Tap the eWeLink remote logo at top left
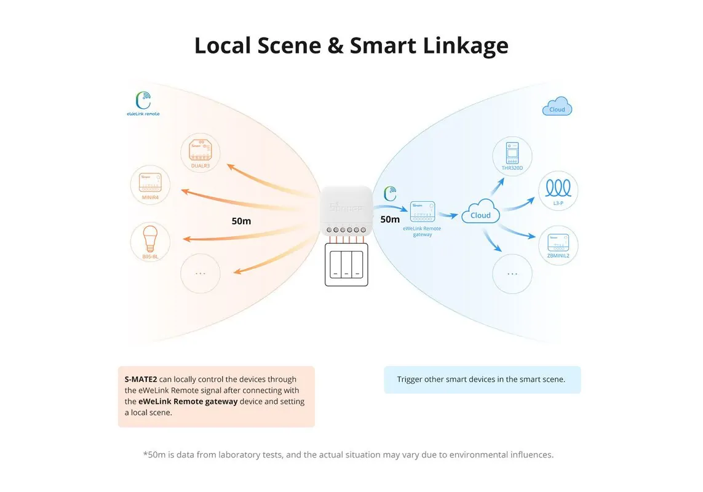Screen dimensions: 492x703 click(143, 103)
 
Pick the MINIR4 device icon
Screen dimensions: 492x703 click(150, 184)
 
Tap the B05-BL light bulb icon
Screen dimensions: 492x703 click(150, 240)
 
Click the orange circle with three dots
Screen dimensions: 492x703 click(201, 273)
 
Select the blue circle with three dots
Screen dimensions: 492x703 click(512, 274)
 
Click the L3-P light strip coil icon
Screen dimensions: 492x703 click(558, 189)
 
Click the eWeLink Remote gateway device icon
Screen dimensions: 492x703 click(422, 211)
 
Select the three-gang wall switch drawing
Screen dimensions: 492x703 click(346, 264)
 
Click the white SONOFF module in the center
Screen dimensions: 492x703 click(346, 209)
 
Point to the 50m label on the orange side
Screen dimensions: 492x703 click(241, 221)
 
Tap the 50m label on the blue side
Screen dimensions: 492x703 click(390, 220)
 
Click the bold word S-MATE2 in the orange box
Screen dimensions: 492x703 click(141, 379)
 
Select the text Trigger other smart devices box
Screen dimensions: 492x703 click(482, 379)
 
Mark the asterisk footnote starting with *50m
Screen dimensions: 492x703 click(348, 454)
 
